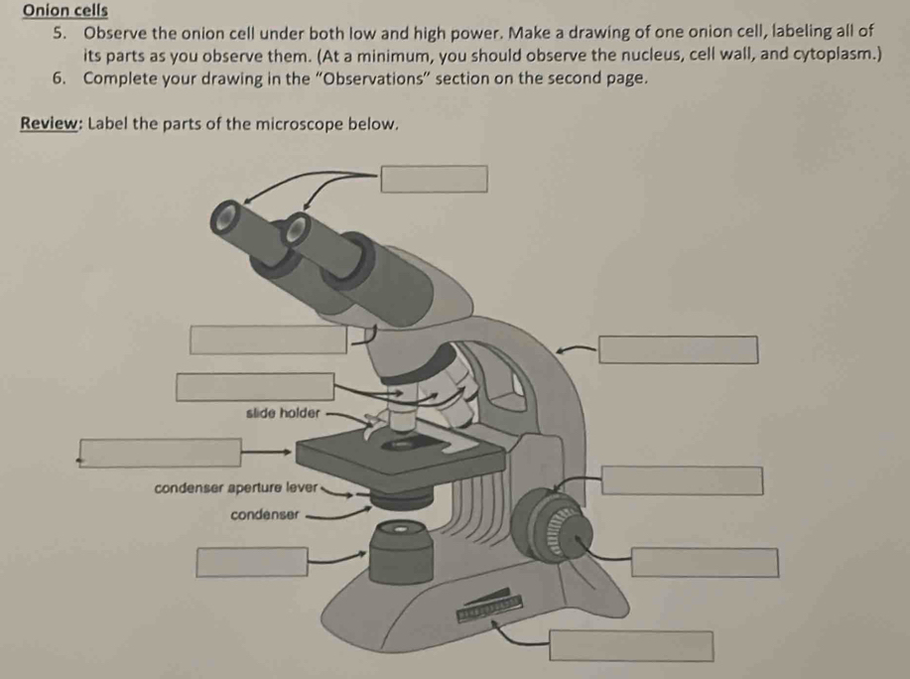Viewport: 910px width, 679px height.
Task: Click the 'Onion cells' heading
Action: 65,11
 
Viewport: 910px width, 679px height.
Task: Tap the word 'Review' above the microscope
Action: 49,124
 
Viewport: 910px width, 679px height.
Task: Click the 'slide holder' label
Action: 283,413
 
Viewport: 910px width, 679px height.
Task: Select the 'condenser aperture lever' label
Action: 236,487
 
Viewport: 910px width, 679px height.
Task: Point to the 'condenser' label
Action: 265,515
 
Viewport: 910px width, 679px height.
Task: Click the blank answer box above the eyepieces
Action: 434,179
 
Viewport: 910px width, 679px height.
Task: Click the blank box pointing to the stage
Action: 160,453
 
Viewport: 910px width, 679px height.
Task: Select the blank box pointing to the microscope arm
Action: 679,350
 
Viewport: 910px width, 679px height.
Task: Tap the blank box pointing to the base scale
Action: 631,646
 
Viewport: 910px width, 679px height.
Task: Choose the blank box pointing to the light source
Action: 252,562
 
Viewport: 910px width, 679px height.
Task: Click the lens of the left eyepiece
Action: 224,217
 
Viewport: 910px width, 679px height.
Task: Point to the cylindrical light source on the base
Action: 401,552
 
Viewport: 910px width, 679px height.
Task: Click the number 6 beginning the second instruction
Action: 58,77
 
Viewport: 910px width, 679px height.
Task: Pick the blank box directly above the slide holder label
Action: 255,387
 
